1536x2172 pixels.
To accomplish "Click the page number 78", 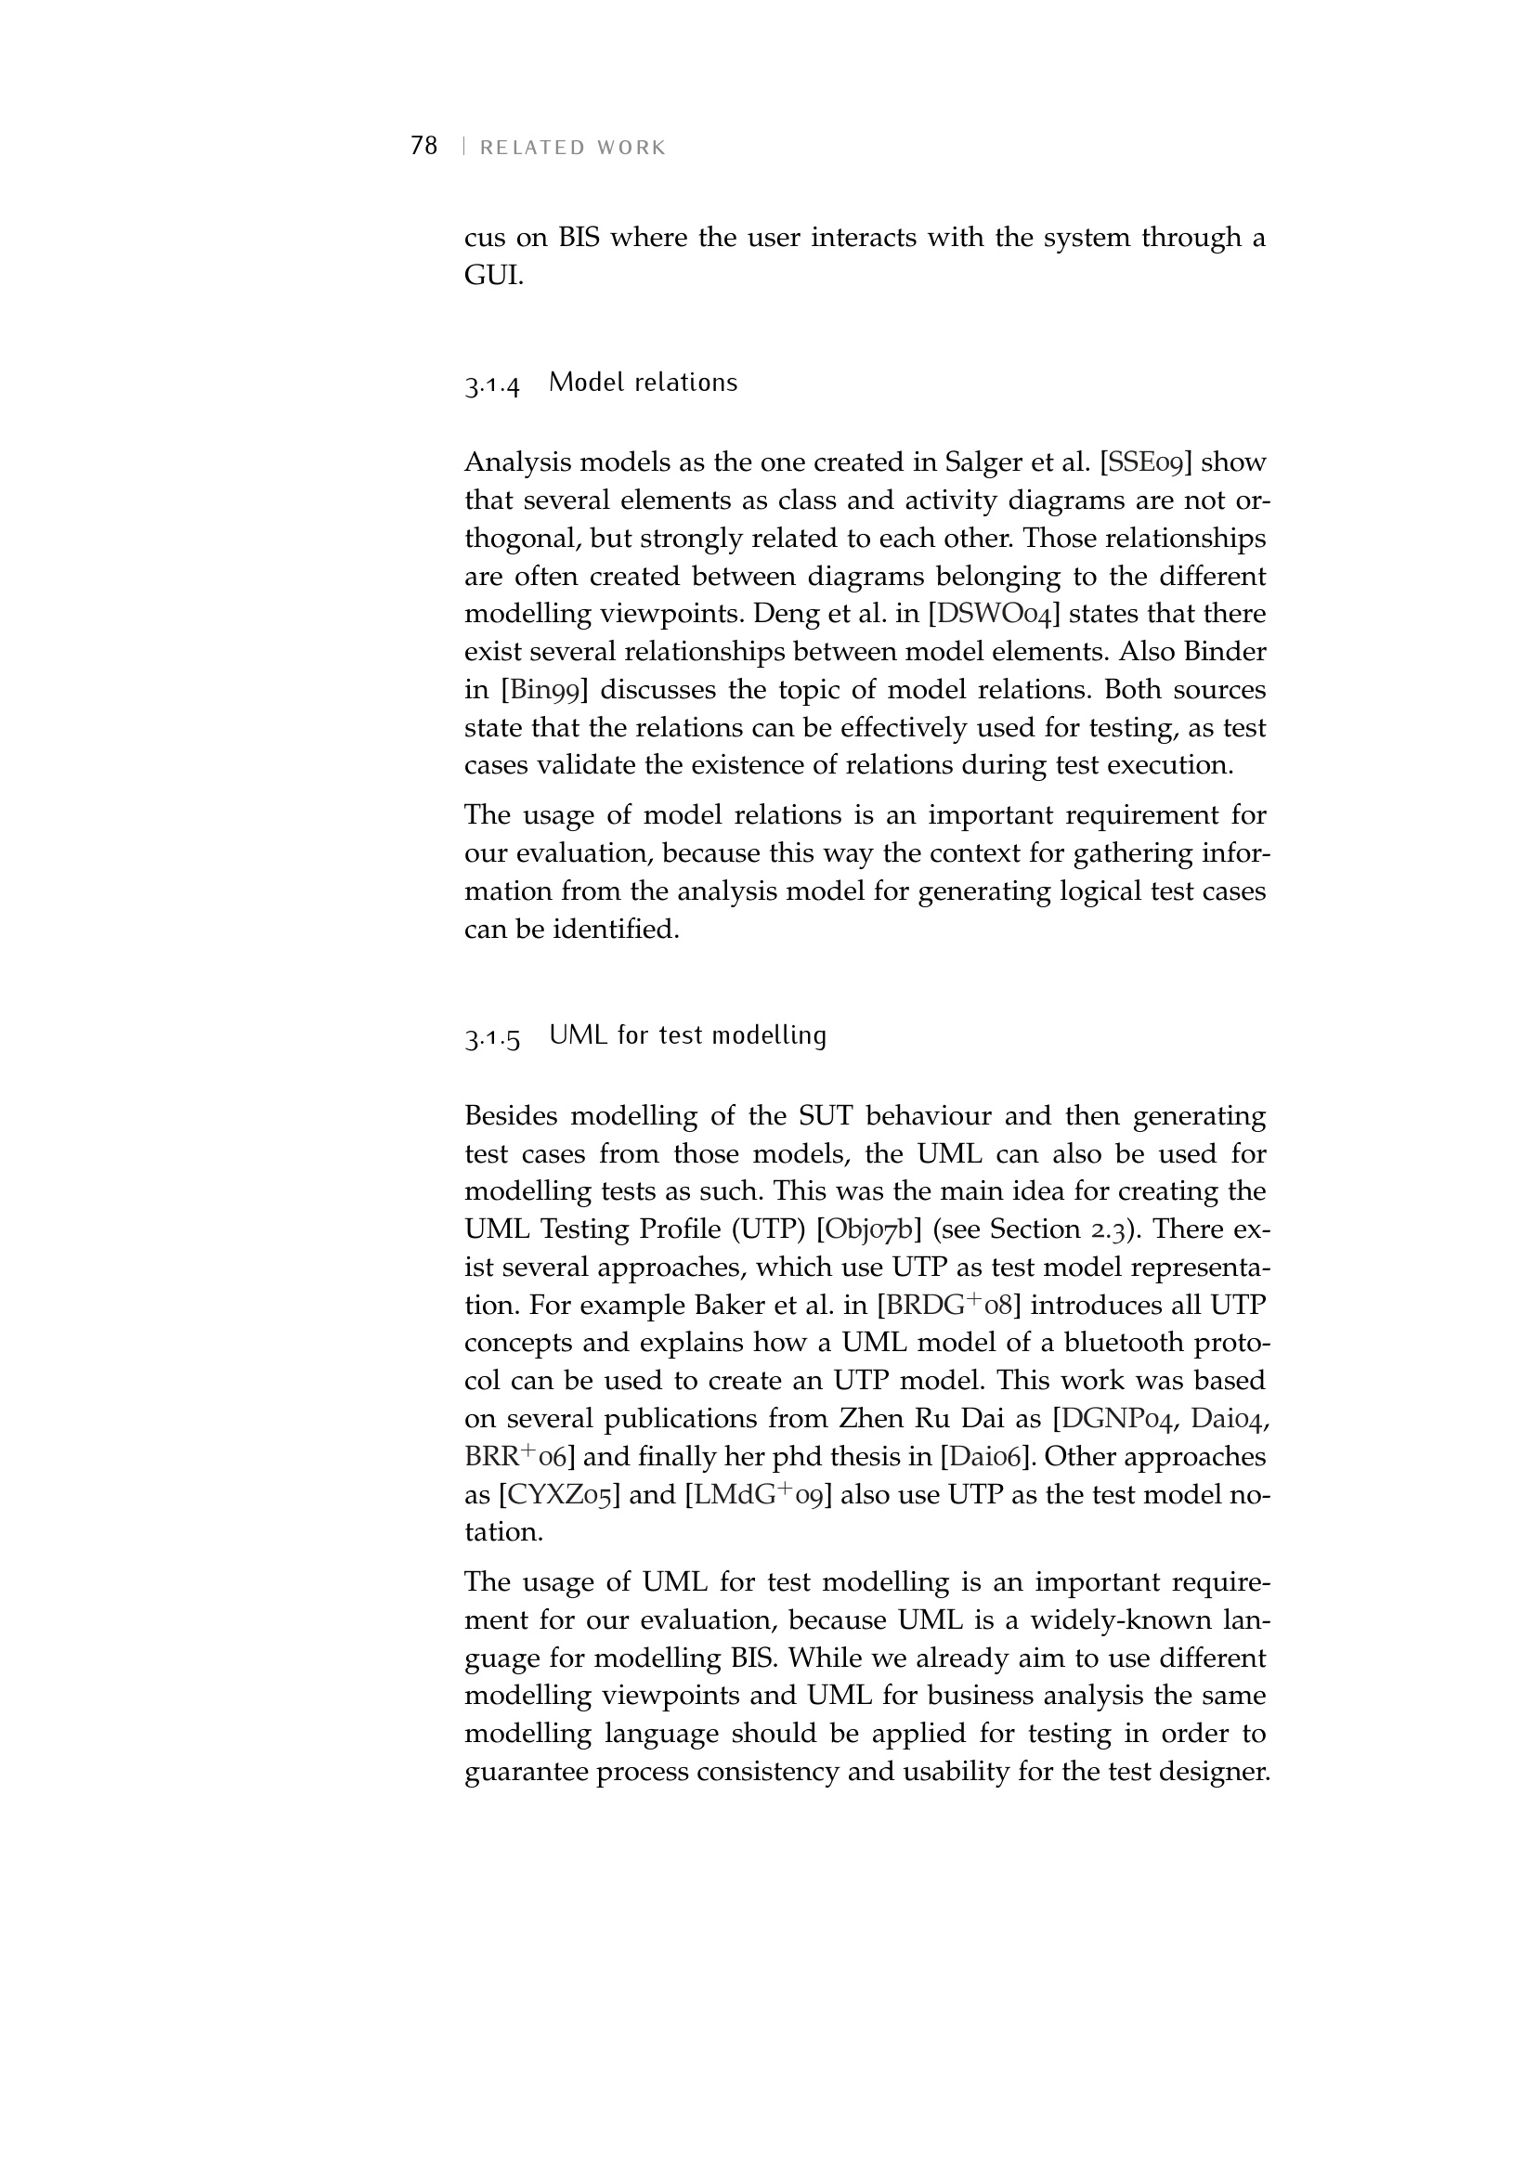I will pyautogui.click(x=423, y=146).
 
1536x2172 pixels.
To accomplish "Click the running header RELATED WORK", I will pyautogui.click(x=573, y=149).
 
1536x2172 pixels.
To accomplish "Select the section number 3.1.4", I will pyautogui.click(x=492, y=385).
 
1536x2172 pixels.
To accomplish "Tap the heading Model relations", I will pyautogui.click(x=644, y=384).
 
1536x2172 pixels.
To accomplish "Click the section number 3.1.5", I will pyautogui.click(x=492, y=1039).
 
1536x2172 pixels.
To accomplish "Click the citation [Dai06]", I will pyautogui.click(x=982, y=1456).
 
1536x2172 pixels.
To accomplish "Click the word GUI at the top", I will pyautogui.click(x=493, y=275).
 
